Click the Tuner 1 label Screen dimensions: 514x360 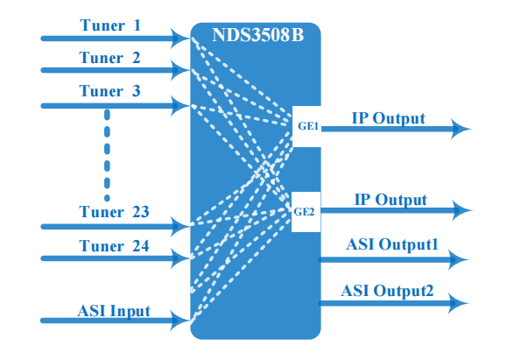click(x=110, y=25)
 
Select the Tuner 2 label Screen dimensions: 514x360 click(x=109, y=58)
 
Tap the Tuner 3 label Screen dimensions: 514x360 click(x=109, y=91)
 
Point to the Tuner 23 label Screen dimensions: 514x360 click(x=114, y=212)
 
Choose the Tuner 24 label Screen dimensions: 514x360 click(x=114, y=246)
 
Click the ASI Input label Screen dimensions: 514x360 click(x=114, y=311)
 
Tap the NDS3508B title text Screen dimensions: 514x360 click(x=258, y=35)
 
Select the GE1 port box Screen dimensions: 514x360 click(x=306, y=126)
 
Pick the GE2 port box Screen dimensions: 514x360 click(x=306, y=212)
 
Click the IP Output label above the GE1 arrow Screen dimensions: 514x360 click(x=389, y=118)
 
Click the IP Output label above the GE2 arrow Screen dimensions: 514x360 click(x=391, y=200)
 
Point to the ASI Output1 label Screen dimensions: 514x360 click(x=392, y=244)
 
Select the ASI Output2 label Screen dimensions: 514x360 click(x=387, y=291)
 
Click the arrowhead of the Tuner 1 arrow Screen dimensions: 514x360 click(x=180, y=39)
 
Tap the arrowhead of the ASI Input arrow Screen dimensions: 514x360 click(x=180, y=320)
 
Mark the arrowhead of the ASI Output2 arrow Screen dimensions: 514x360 click(x=459, y=303)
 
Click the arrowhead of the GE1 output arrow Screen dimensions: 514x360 click(x=461, y=129)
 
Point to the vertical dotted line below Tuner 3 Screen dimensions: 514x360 click(x=107, y=155)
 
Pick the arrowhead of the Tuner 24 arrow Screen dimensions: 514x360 click(x=180, y=258)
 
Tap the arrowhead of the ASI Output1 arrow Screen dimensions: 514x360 click(x=459, y=259)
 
